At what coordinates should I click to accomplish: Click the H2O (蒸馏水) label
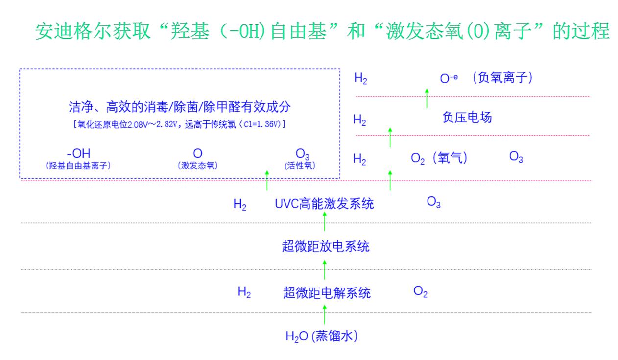coord(321,336)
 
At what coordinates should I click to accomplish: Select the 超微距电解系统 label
coord(327,293)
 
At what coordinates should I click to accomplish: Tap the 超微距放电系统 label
coord(326,246)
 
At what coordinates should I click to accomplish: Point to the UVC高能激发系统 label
coord(324,204)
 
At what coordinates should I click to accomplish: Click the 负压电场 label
coord(467,118)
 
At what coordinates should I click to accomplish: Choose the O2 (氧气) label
coord(439,158)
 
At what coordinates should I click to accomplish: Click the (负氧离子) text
coord(502,77)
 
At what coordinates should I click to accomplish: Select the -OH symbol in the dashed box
coord(78,154)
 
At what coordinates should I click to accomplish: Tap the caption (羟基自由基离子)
coord(78,166)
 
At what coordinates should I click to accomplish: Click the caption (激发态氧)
coord(198,166)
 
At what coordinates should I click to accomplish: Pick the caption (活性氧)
coord(300,166)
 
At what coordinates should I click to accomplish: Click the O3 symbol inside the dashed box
coord(302,155)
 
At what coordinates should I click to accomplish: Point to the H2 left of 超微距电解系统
coord(244,292)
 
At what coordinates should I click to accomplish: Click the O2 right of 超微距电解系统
coord(420,292)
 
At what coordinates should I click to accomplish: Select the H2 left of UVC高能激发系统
coord(240,205)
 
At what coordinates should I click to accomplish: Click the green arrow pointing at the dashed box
coord(267,180)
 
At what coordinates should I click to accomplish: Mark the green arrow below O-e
coord(427,98)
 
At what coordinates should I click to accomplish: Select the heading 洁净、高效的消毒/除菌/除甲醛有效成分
coord(183,107)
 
